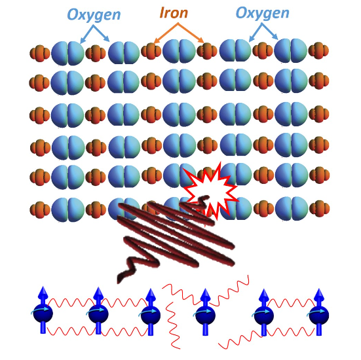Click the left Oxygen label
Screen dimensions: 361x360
(x=94, y=15)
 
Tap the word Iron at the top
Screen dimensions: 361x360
(x=174, y=12)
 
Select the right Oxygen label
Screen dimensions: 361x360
(x=263, y=14)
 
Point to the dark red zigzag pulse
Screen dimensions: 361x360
(x=175, y=237)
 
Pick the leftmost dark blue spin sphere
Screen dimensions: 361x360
(x=43, y=314)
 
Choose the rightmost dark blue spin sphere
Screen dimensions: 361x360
(x=319, y=315)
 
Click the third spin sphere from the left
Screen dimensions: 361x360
(x=151, y=315)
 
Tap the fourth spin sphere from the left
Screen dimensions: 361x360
(x=205, y=315)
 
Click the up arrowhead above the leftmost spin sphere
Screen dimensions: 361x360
(x=43, y=293)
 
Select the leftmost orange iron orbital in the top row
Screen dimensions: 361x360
(x=40, y=54)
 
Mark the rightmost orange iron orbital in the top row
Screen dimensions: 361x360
(x=318, y=50)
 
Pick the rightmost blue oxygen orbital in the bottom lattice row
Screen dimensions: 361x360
(x=292, y=209)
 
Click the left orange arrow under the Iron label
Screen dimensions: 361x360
(x=165, y=33)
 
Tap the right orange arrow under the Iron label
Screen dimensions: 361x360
(x=191, y=33)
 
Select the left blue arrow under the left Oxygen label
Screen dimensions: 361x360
(x=86, y=34)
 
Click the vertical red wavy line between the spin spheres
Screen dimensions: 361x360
(x=173, y=325)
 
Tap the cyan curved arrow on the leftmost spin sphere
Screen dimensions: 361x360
(x=39, y=310)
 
